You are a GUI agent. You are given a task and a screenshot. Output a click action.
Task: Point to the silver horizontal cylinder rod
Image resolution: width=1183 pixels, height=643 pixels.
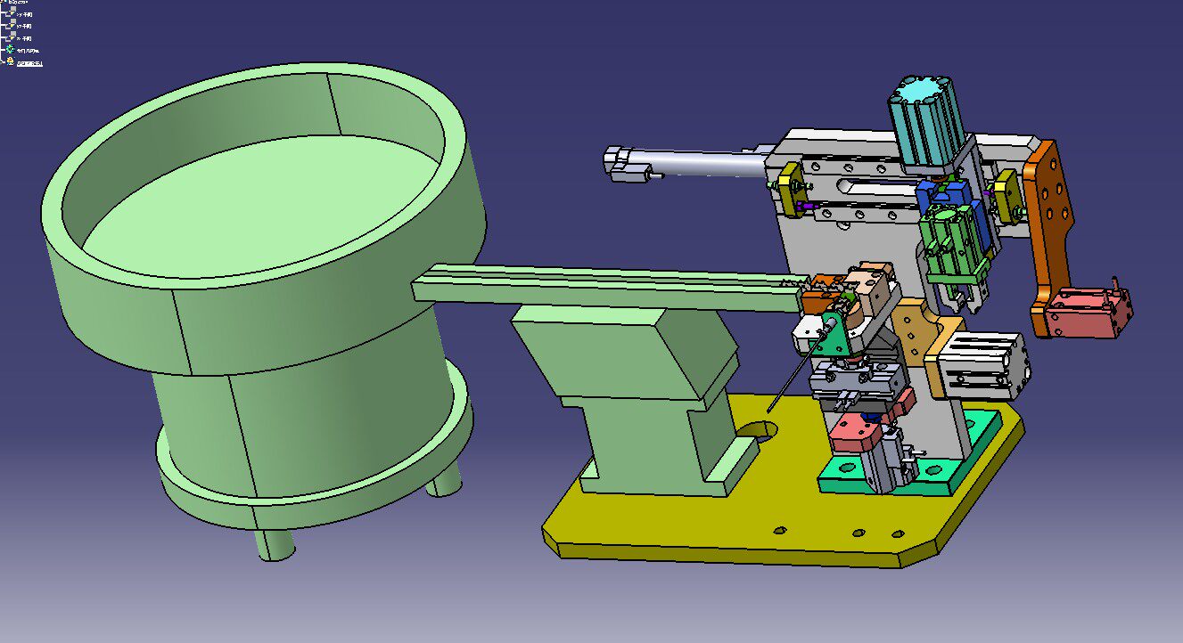coord(704,161)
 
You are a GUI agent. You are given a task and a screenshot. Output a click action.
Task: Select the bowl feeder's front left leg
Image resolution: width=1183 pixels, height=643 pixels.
coord(274,543)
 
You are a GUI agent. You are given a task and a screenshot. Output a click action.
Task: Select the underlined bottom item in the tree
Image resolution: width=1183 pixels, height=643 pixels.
coord(29,62)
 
